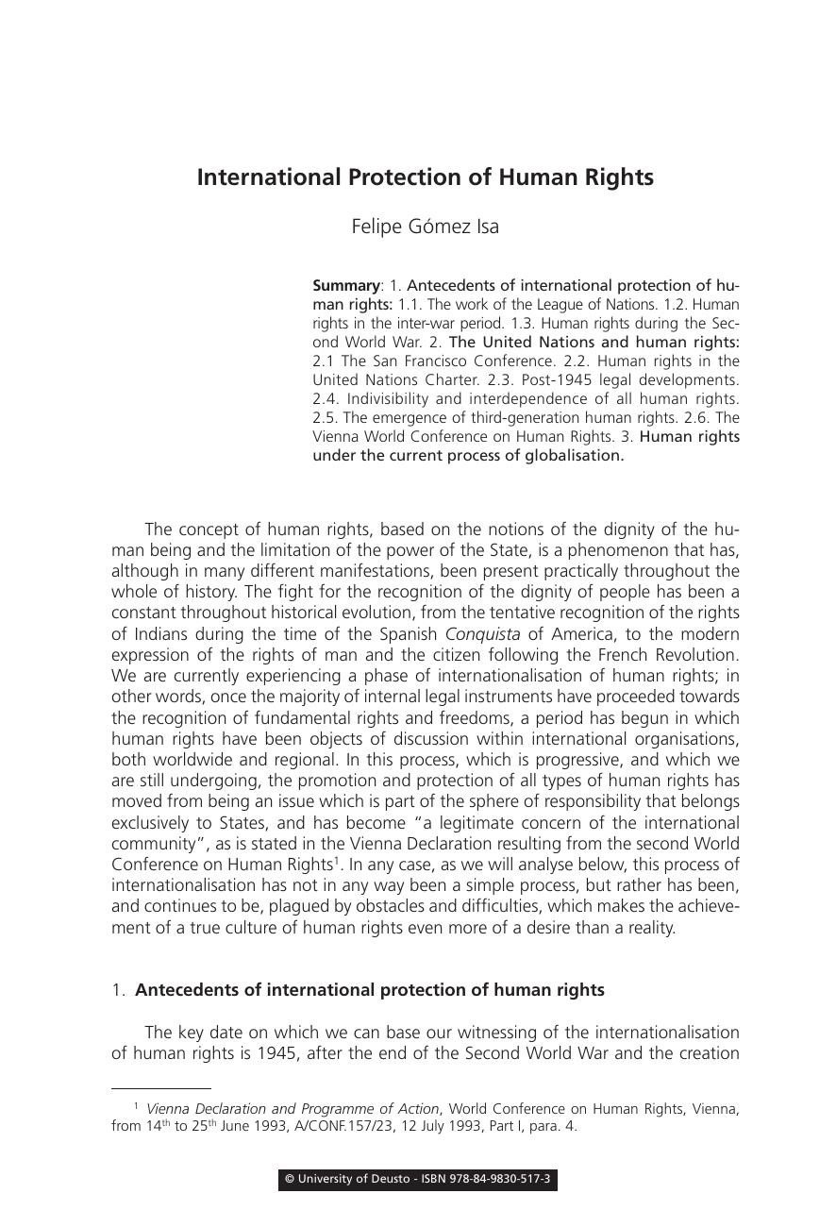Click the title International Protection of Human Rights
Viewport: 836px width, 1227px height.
coord(425,177)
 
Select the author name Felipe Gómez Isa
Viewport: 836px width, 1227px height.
coord(425,227)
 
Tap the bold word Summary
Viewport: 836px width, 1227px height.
coord(345,285)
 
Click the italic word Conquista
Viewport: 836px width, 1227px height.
coord(482,634)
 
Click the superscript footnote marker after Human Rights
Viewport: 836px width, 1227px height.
coord(337,860)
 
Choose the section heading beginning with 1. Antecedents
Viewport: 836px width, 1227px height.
coord(359,990)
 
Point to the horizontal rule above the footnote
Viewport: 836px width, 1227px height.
coord(160,1088)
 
